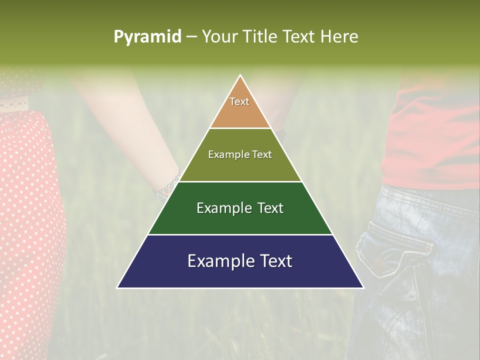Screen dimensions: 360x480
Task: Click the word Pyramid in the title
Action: click(x=147, y=37)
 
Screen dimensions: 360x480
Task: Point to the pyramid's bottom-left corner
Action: click(x=118, y=287)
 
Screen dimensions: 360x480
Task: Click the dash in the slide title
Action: click(x=191, y=37)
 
